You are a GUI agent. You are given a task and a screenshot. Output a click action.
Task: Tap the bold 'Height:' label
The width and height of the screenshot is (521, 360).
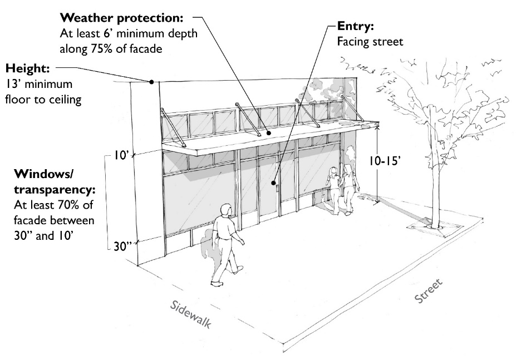point(27,70)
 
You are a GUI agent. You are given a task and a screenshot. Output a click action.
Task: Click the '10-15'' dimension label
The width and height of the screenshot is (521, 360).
point(392,160)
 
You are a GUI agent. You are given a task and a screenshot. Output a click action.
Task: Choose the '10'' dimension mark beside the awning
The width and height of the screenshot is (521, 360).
point(122,157)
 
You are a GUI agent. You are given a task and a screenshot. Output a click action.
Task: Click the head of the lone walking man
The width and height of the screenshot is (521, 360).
point(225,210)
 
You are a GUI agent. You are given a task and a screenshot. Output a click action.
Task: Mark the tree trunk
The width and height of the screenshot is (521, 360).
point(430,167)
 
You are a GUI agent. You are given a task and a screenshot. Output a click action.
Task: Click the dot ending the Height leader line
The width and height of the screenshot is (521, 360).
point(151,82)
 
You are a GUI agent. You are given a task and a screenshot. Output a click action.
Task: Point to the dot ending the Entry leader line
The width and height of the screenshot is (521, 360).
point(274,182)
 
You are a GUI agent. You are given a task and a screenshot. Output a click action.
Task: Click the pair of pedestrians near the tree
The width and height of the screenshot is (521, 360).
point(341,186)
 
